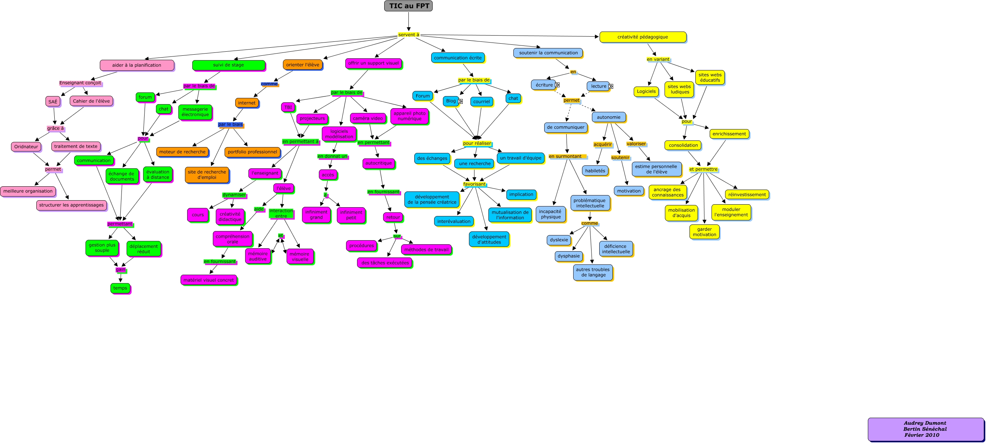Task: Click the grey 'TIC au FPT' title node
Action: [x=408, y=6]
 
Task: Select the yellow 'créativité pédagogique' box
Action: [x=642, y=37]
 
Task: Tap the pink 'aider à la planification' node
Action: [x=137, y=65]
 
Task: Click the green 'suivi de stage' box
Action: [x=229, y=65]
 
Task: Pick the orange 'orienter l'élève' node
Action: [x=302, y=65]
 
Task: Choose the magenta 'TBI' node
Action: [x=288, y=107]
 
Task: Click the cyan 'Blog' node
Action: [x=451, y=101]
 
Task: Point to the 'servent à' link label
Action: [x=408, y=35]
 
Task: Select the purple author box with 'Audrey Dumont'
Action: [x=925, y=429]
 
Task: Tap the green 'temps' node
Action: [x=120, y=288]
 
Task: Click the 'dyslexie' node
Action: [x=559, y=240]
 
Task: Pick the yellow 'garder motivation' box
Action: [x=704, y=232]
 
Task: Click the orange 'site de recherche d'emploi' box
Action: [x=207, y=175]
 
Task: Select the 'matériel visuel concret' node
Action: [x=208, y=280]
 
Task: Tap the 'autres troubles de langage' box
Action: [x=593, y=272]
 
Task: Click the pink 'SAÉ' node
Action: [x=53, y=102]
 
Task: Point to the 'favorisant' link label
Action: [x=474, y=184]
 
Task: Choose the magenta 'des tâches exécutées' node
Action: [x=385, y=263]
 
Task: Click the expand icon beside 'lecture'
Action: [x=611, y=87]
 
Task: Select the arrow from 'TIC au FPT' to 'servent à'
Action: [x=408, y=21]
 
